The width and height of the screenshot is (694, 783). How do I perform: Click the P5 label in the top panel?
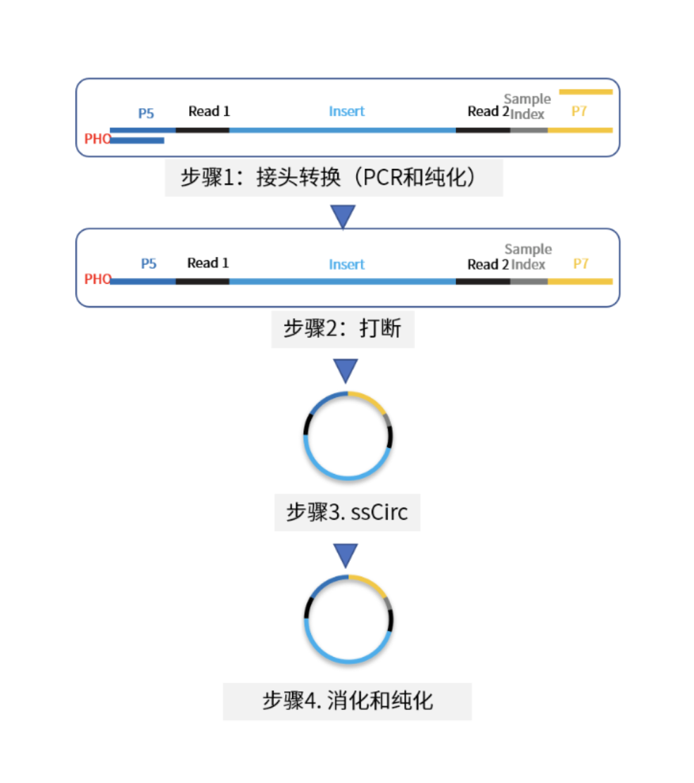[x=146, y=113]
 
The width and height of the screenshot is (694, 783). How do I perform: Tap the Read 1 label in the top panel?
[x=209, y=111]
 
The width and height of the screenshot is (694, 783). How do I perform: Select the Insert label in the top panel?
[x=346, y=111]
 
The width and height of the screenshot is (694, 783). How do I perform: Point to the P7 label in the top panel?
[x=579, y=111]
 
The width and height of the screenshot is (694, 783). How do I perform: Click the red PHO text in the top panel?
[x=97, y=138]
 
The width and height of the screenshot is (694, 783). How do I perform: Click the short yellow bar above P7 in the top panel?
[x=586, y=92]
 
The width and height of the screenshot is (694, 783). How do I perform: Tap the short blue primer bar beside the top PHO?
[x=137, y=141]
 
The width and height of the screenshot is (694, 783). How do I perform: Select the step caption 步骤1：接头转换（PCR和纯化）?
[x=328, y=177]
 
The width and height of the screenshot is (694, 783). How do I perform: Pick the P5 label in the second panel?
[x=149, y=263]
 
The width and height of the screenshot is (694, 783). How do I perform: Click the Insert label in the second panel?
[x=346, y=264]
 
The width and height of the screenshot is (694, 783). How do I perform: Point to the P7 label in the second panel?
[x=581, y=263]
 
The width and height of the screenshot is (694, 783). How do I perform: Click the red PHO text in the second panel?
[x=97, y=279]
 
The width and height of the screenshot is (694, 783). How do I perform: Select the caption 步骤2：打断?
[x=343, y=329]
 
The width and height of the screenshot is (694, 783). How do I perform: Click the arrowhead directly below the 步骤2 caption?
[x=346, y=370]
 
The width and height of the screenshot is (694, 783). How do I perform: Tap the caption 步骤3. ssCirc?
[x=347, y=513]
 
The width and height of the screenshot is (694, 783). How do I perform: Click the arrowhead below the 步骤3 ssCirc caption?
[x=346, y=556]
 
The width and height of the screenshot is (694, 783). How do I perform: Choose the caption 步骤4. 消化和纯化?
[x=348, y=701]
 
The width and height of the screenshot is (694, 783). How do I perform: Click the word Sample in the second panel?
[x=528, y=249]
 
